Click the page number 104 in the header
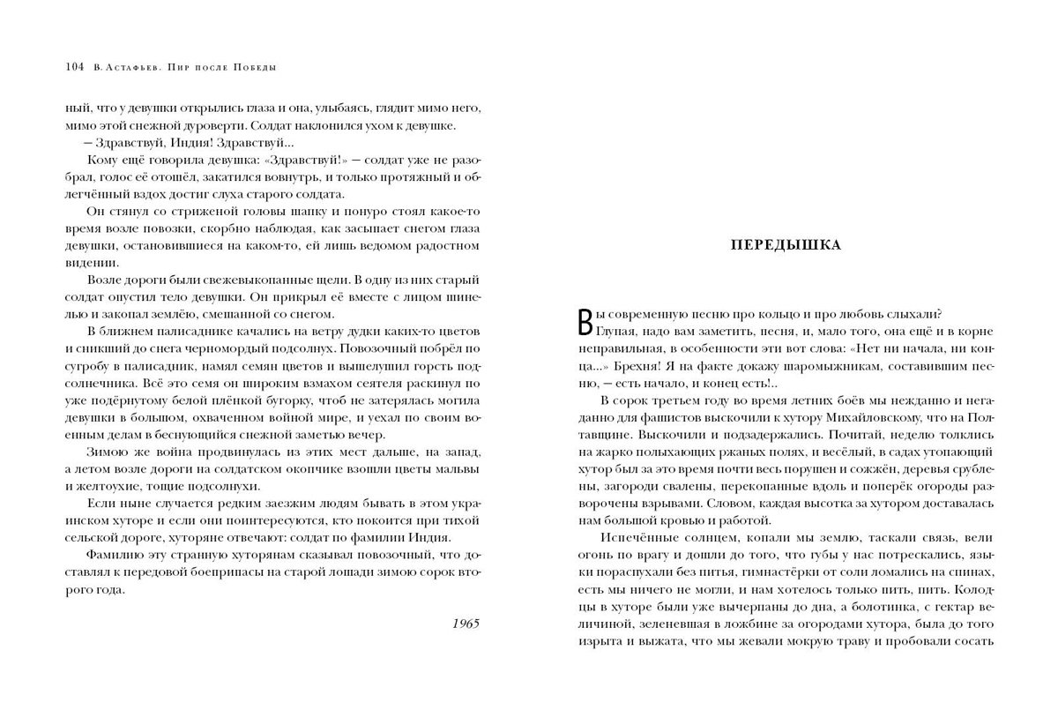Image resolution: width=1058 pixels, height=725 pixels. [x=74, y=68]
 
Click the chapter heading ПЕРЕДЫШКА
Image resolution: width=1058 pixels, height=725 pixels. [x=786, y=245]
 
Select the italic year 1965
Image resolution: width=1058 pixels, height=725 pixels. [x=465, y=624]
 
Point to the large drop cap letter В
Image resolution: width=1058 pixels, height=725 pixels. [x=583, y=323]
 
